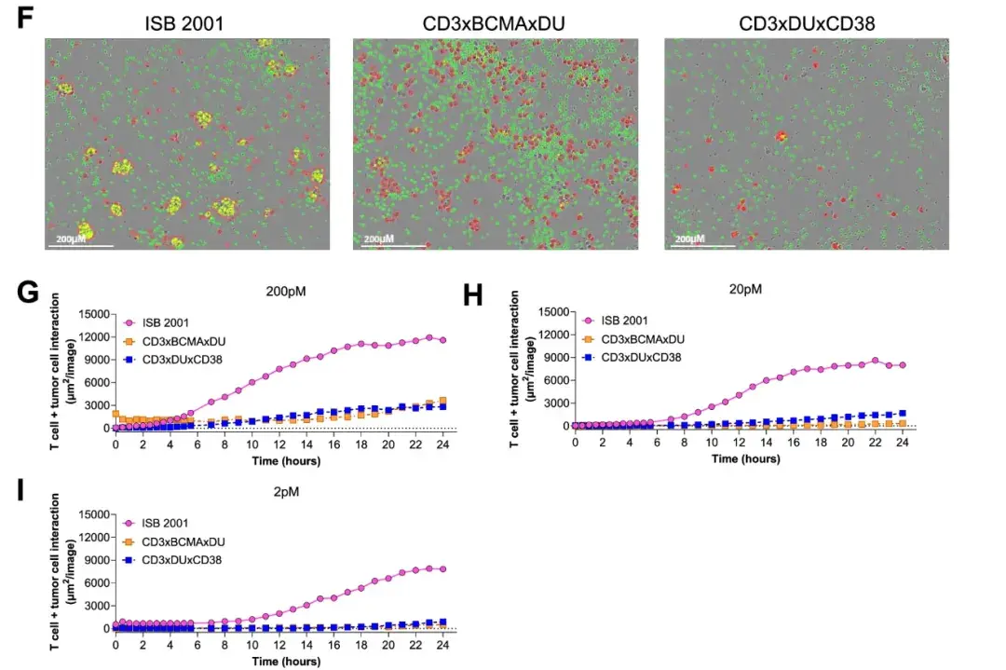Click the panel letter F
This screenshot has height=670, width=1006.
(x=26, y=20)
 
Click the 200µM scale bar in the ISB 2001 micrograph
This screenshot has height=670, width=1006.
(x=80, y=244)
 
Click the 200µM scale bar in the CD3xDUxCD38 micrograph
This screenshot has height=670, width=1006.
(x=700, y=244)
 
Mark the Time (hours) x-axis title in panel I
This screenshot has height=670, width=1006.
(x=280, y=661)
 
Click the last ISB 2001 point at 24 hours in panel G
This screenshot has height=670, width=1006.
(x=442, y=341)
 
